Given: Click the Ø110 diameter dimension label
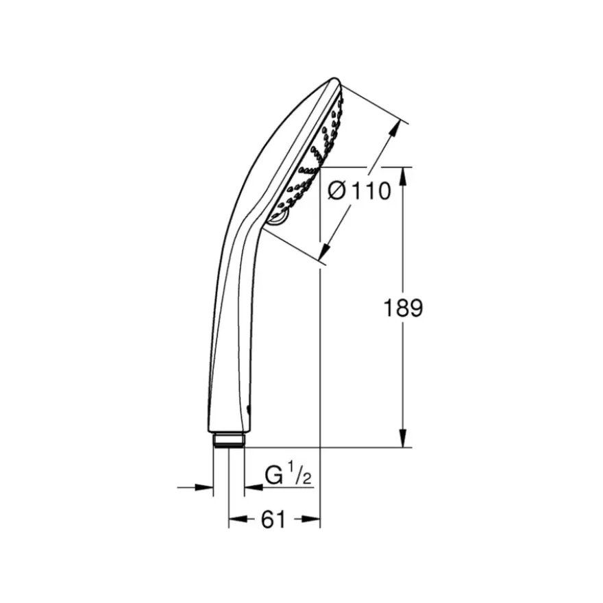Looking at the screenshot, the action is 359,190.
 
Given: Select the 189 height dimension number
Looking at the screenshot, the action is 404,308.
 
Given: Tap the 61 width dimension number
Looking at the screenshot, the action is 273,520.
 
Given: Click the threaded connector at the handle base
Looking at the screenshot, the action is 228,440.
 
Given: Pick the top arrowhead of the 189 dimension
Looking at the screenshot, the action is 403,177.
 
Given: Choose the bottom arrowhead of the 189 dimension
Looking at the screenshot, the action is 403,438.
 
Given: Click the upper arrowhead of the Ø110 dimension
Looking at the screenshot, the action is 394,130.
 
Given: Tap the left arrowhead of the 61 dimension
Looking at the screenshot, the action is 238,519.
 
